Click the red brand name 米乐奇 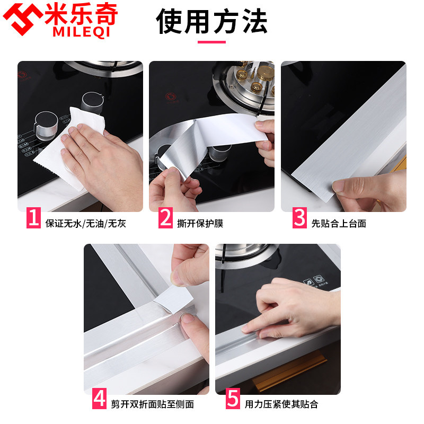(81, 14)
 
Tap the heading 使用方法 (211, 21)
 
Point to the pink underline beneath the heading (211, 42)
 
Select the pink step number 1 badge (34, 218)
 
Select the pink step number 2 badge (165, 218)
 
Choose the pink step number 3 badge (299, 218)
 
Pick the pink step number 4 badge (99, 399)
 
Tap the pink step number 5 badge (233, 399)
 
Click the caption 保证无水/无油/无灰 (86, 224)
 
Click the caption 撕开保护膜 (200, 224)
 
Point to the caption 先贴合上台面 (339, 224)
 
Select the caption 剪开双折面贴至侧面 (153, 404)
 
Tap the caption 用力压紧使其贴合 (281, 404)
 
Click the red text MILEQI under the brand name (82, 32)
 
